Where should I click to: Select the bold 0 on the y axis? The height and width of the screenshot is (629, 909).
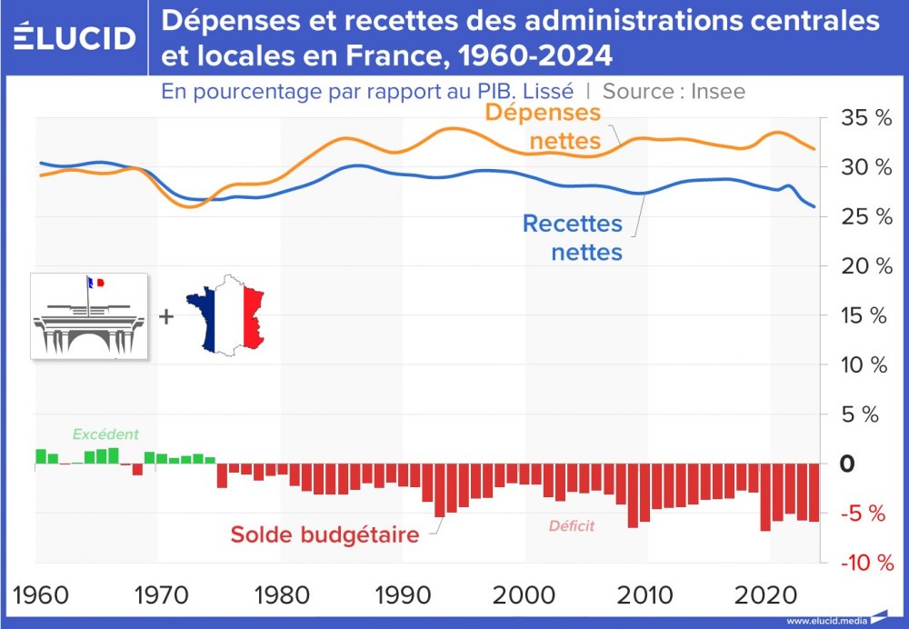[847, 464]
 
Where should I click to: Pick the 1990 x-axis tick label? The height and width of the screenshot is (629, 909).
[400, 596]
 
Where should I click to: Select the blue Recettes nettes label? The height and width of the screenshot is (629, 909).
[573, 236]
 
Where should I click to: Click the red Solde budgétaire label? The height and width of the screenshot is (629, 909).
[325, 534]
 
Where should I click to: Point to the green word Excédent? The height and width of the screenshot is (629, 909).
[106, 434]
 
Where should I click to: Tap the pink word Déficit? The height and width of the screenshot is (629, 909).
[571, 525]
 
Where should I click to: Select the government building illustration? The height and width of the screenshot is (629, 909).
[89, 316]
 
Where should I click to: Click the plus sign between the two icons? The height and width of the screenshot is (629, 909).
[165, 316]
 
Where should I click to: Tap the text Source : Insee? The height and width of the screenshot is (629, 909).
[674, 91]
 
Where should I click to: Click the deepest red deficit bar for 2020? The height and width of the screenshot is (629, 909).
[765, 496]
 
